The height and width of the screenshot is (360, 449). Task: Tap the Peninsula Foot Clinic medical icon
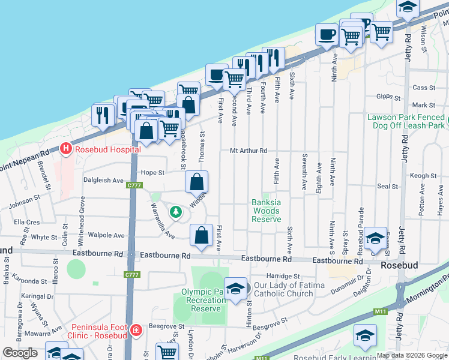pyautogui.click(x=137, y=330)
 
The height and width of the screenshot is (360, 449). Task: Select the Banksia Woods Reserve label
pyautogui.click(x=266, y=211)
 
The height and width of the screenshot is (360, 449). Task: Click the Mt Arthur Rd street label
pyautogui.click(x=248, y=151)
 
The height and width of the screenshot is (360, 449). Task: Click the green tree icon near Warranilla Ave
pyautogui.click(x=175, y=211)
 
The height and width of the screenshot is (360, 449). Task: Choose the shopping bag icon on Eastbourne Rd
pyautogui.click(x=201, y=236)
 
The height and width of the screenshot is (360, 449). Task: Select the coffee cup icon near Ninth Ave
pyautogui.click(x=327, y=35)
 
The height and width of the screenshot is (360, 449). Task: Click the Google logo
pyautogui.click(x=20, y=353)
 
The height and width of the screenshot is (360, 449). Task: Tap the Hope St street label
pyautogui.click(x=152, y=173)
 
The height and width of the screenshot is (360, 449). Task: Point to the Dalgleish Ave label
pyautogui.click(x=103, y=180)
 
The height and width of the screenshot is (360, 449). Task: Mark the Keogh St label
pyautogui.click(x=424, y=176)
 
